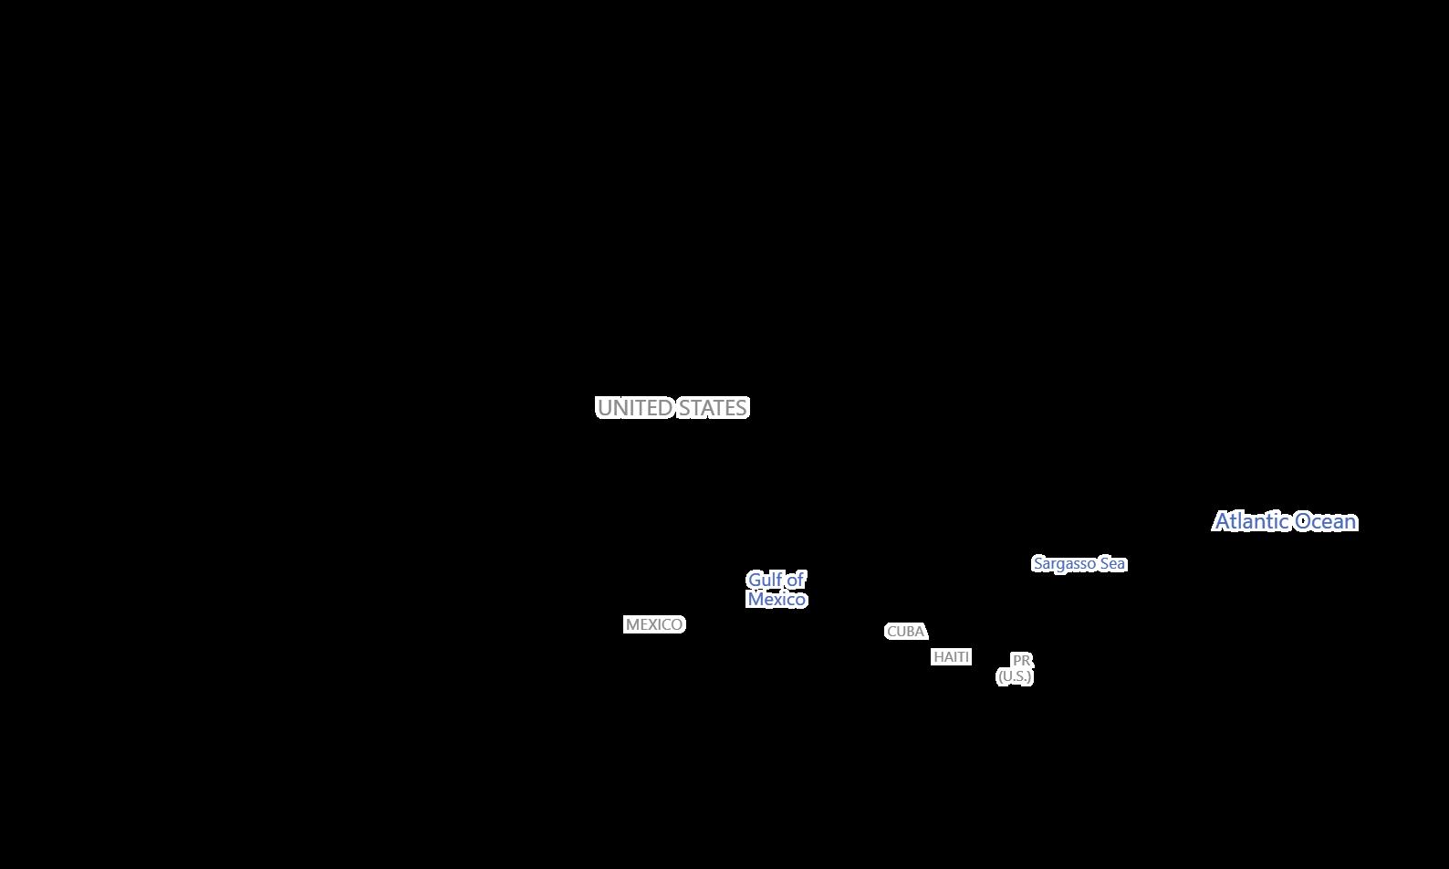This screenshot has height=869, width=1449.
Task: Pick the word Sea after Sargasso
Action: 1113,564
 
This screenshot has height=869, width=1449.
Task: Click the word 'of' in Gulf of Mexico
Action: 796,580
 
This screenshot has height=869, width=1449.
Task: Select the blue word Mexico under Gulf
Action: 777,600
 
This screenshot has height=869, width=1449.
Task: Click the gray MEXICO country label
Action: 654,624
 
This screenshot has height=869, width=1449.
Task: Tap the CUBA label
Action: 906,632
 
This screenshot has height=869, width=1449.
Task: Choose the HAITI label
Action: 951,657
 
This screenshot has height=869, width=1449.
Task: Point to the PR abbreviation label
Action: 1021,660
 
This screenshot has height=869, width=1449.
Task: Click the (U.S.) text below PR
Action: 1015,676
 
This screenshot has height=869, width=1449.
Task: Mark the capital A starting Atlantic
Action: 1223,521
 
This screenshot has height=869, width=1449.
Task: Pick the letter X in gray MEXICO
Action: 653,624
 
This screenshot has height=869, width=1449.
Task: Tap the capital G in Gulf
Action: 755,580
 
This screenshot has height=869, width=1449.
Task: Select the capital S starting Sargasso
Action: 1037,564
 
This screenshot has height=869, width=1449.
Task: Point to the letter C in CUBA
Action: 891,632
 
